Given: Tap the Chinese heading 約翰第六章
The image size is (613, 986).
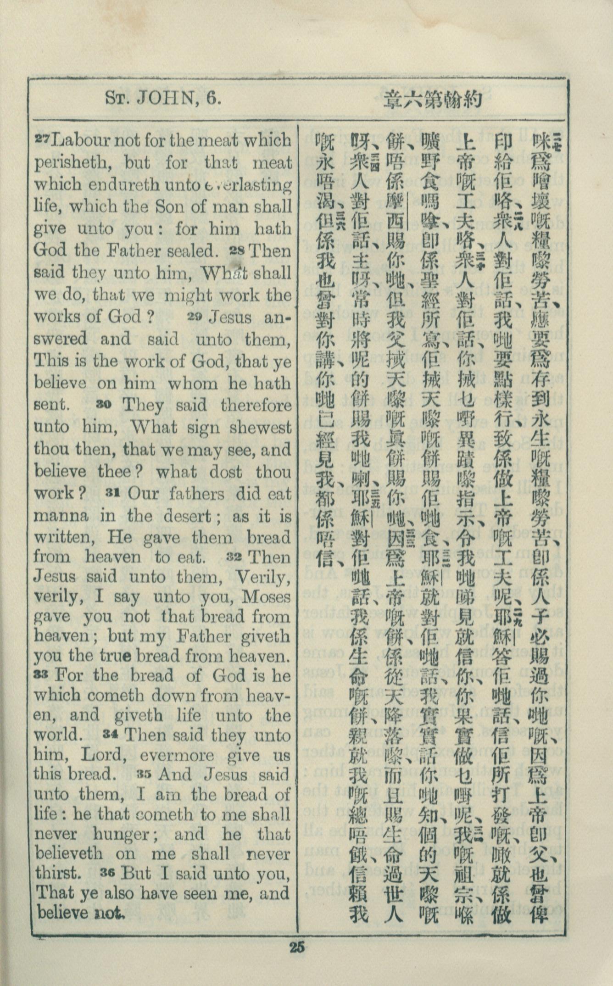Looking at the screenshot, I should pyautogui.click(x=433, y=99).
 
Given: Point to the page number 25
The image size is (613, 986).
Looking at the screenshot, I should pyautogui.click(x=297, y=946).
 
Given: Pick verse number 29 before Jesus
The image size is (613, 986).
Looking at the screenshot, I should pyautogui.click(x=198, y=316).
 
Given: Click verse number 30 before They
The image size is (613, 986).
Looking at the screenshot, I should pyautogui.click(x=104, y=404).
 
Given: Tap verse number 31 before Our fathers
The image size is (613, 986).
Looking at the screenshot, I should pyautogui.click(x=113, y=492).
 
